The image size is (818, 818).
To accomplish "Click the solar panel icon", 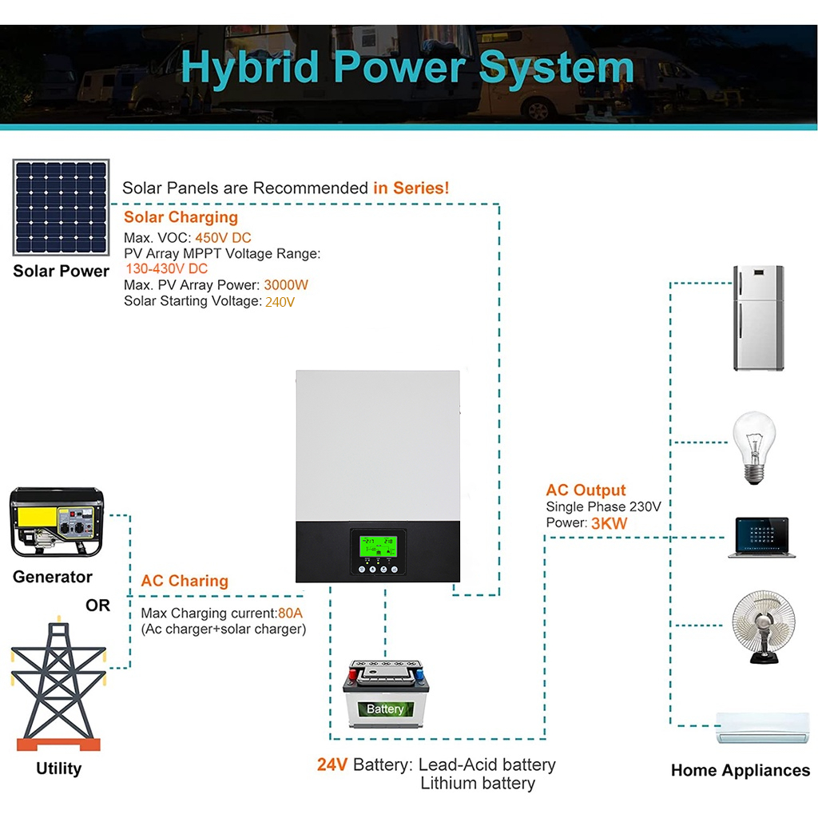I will tap(61, 208).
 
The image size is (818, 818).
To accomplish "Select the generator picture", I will tap(56, 522).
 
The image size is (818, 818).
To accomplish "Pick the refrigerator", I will tap(758, 318).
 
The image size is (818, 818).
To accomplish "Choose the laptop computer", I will tap(762, 537).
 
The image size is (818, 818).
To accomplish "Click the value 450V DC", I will tap(223, 238).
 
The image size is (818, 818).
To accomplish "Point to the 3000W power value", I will tap(286, 285).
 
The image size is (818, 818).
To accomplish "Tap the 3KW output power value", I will tap(609, 523).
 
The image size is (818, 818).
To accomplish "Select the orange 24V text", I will tap(332, 764).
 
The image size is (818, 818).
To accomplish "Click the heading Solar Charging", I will tap(181, 217).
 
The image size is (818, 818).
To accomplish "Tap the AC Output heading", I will tap(586, 490).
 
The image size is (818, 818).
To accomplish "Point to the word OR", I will tap(97, 606).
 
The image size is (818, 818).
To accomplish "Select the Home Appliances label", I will tap(740, 771).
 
